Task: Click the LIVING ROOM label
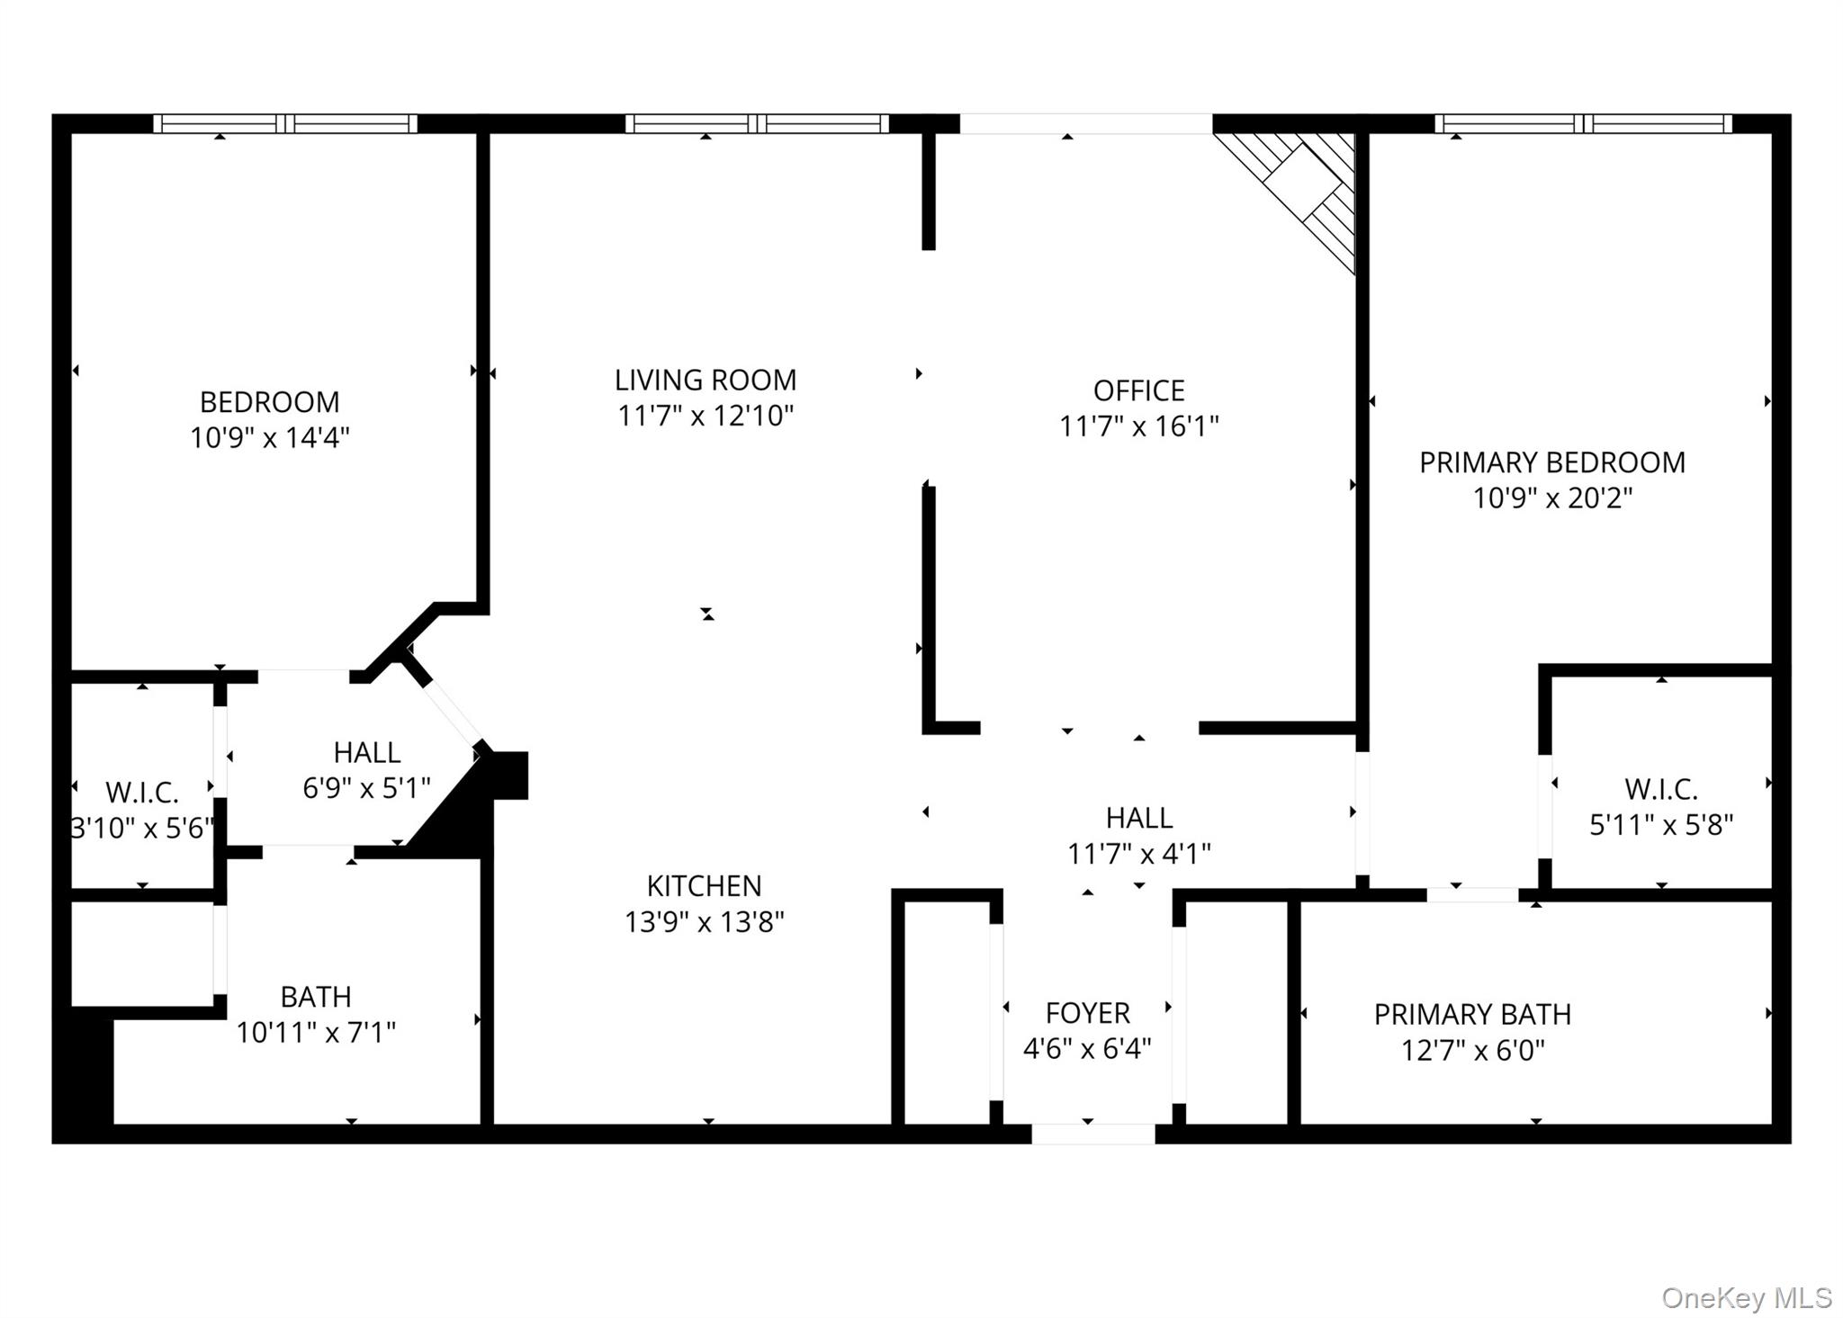click(x=706, y=381)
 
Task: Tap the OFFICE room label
click(x=1138, y=390)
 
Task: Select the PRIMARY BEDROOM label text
click(x=1552, y=462)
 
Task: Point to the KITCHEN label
click(x=704, y=886)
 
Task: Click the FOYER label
click(x=1087, y=1013)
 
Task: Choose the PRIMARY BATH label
click(x=1472, y=1015)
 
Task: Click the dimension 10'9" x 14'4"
click(x=270, y=438)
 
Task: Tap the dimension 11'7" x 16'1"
click(x=1138, y=426)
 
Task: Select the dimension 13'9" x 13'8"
click(x=705, y=922)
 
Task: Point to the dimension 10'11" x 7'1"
click(x=316, y=1033)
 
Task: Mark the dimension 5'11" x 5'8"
click(x=1661, y=825)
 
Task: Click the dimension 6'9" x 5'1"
click(x=366, y=789)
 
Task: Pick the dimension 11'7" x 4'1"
click(x=1138, y=854)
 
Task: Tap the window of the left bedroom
click(x=285, y=124)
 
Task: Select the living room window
click(x=757, y=124)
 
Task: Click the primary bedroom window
click(x=1583, y=124)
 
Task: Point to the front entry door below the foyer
click(x=1092, y=1134)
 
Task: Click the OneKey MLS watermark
click(x=1746, y=1298)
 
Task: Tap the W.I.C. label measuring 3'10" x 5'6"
click(x=142, y=793)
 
